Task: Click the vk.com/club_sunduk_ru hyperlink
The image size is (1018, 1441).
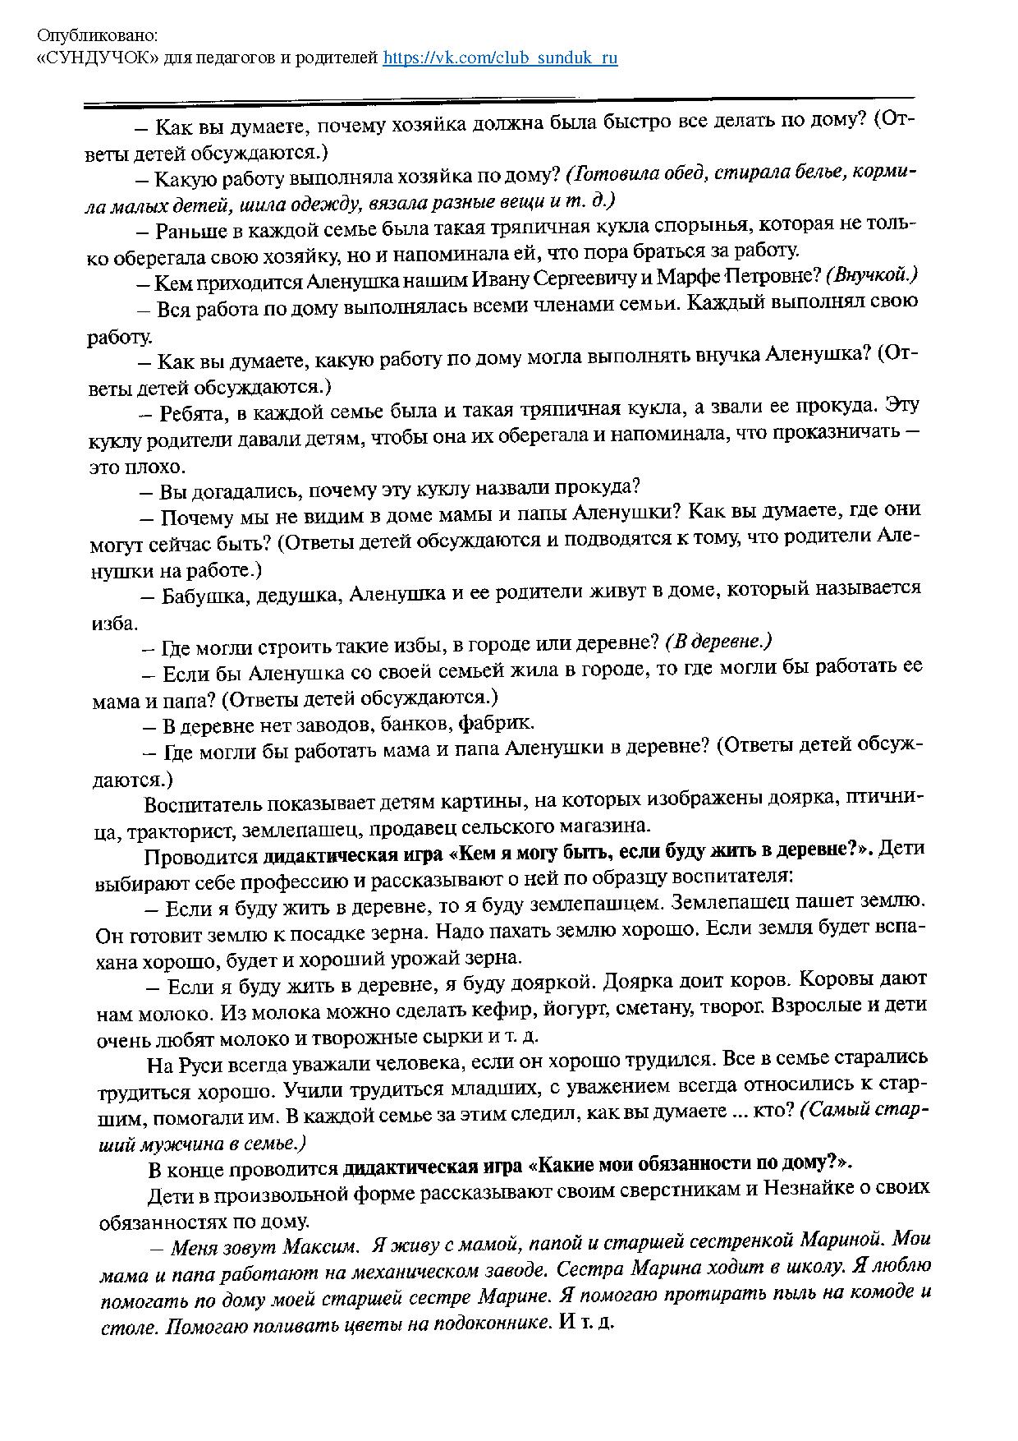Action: point(500,58)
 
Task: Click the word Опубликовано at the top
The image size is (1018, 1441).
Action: point(99,37)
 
